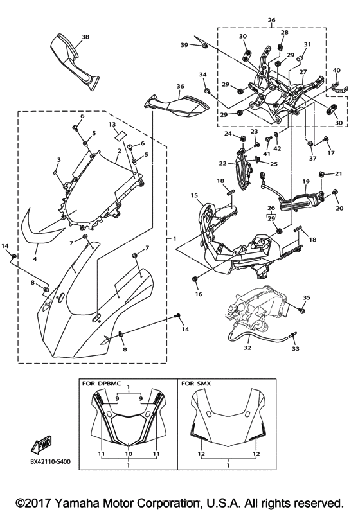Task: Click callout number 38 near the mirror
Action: [85, 37]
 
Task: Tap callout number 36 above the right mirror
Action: [180, 86]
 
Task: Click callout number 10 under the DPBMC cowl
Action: [129, 453]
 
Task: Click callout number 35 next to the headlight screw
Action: [307, 297]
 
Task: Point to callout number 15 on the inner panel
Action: [194, 195]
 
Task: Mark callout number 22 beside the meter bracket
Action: [222, 164]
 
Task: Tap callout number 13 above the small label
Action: [111, 124]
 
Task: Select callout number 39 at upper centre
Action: [184, 44]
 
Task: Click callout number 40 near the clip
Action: [336, 70]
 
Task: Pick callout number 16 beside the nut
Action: [199, 294]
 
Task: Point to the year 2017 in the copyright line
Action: [35, 501]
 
